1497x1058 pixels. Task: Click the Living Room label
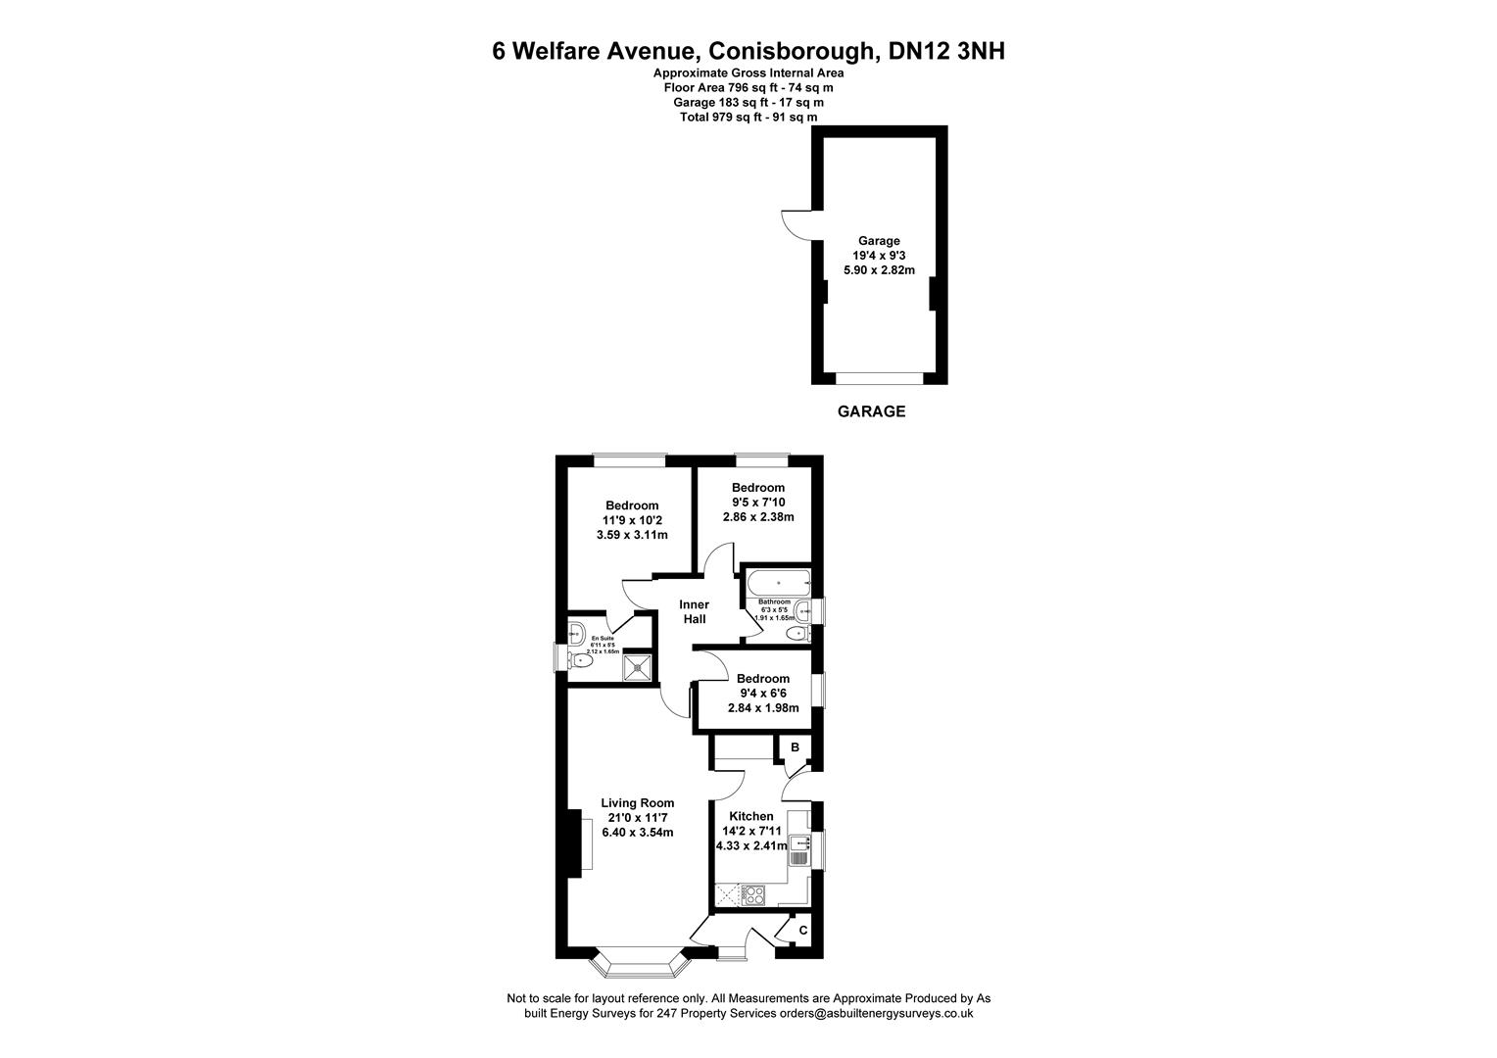pos(637,803)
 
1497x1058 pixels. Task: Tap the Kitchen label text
pos(751,816)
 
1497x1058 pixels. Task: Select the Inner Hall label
pos(694,612)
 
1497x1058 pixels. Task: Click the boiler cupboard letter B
pos(796,747)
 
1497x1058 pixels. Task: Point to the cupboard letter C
pos(802,930)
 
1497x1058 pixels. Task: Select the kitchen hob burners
pos(752,893)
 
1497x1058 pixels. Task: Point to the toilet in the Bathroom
pos(795,634)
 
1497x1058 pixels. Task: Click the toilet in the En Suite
pos(582,661)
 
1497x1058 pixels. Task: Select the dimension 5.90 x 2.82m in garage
pos(879,270)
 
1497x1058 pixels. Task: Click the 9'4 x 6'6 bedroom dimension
pos(763,694)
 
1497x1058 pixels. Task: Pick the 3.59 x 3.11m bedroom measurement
pos(632,535)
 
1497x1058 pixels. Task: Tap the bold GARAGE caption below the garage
pos(871,411)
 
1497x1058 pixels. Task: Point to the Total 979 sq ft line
pos(748,118)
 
